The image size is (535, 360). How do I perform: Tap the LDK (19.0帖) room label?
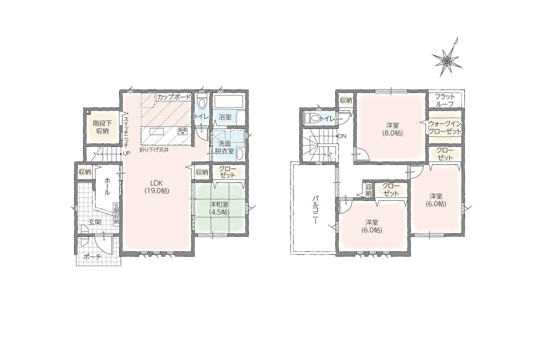tap(157, 187)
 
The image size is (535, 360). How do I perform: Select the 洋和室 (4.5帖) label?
tap(219, 208)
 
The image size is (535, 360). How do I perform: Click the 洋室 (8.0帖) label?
tap(392, 129)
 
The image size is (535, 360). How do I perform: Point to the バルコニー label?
tap(315, 210)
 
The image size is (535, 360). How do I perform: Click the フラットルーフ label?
tap(444, 101)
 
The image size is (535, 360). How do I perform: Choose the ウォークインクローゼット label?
tap(445, 127)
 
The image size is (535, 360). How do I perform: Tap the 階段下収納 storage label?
tap(102, 127)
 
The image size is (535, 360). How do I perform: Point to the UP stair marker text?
tap(126, 154)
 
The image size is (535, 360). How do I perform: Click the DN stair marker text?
tap(342, 136)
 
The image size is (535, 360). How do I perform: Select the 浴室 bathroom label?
tap(225, 117)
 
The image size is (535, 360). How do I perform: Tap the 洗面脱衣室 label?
tap(224, 147)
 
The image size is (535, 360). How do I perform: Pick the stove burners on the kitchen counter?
tap(183, 131)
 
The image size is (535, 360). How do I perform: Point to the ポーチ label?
tap(92, 257)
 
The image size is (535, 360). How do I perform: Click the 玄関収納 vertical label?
tap(116, 213)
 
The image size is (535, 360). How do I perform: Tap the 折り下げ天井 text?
tap(154, 150)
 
